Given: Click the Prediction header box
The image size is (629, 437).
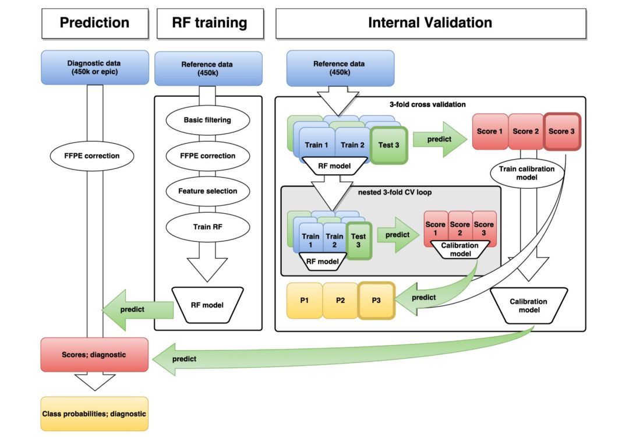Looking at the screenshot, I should [x=94, y=23].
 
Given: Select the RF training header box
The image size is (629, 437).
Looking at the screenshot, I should [x=210, y=23].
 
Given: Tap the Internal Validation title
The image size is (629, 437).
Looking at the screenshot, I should [x=430, y=23].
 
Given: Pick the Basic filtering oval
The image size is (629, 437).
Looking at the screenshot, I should [x=207, y=120].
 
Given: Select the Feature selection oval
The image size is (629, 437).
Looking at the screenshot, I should [x=207, y=191].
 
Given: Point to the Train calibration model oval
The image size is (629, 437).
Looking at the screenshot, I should [x=526, y=172].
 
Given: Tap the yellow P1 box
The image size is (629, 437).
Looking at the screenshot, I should [x=304, y=300].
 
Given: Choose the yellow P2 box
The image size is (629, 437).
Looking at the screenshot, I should [x=340, y=300].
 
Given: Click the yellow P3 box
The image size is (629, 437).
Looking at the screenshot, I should [x=376, y=300].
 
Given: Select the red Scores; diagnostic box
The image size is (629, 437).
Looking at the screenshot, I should [x=94, y=354].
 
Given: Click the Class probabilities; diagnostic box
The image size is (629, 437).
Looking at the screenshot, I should [x=94, y=414].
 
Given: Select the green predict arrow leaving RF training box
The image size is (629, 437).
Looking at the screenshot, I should [x=140, y=309].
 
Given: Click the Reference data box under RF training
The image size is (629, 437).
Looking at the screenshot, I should [x=207, y=68].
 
